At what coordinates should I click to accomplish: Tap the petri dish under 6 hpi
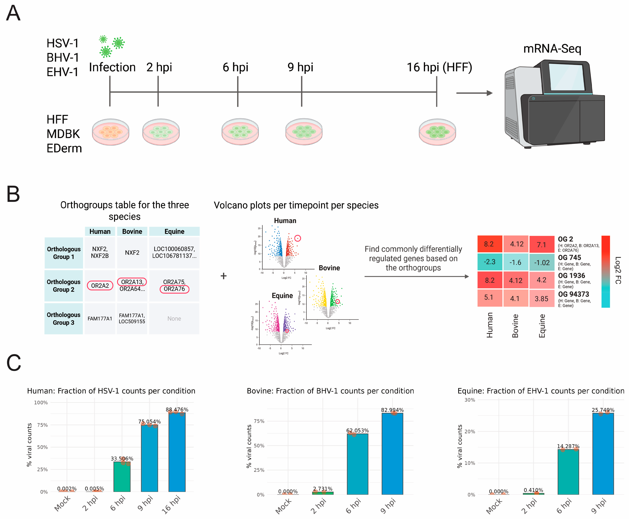point(240,132)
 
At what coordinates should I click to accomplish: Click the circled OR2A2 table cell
point(100,286)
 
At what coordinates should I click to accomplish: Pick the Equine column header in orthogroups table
point(174,231)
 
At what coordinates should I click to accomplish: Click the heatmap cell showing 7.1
point(541,245)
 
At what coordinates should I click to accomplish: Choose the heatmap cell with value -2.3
point(489,262)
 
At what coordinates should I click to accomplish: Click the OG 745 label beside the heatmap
point(569,257)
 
